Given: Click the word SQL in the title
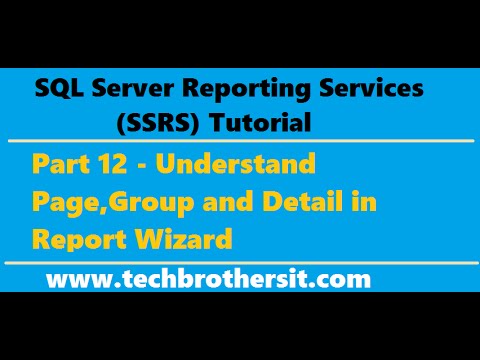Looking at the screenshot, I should (56, 89).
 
